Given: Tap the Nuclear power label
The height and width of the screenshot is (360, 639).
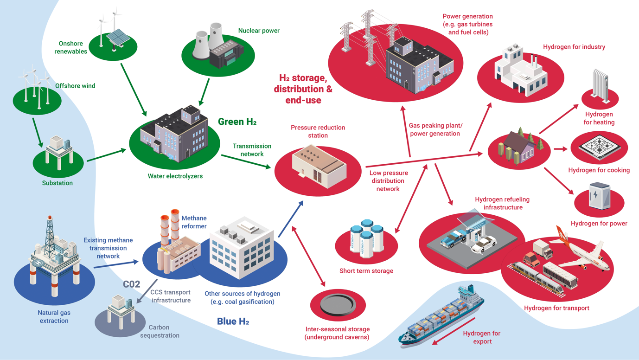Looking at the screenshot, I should click(x=259, y=31).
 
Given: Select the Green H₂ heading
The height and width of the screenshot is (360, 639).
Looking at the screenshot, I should click(x=237, y=122).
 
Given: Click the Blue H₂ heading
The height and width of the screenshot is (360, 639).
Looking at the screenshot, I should click(x=233, y=321).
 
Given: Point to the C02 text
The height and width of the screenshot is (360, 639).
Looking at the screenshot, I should click(x=131, y=284).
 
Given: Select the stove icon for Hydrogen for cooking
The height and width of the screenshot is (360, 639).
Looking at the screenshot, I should click(x=599, y=147).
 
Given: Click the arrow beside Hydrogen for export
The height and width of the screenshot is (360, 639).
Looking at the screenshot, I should click(x=454, y=331).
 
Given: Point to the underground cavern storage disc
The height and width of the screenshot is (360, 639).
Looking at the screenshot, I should click(x=338, y=303).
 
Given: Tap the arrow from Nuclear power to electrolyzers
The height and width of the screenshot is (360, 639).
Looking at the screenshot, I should click(x=204, y=92).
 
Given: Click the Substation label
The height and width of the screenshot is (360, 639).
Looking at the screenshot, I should click(x=57, y=183).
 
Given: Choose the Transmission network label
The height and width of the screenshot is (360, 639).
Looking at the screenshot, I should click(x=252, y=150).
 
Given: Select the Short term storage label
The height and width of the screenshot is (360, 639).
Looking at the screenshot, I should click(x=366, y=271).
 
